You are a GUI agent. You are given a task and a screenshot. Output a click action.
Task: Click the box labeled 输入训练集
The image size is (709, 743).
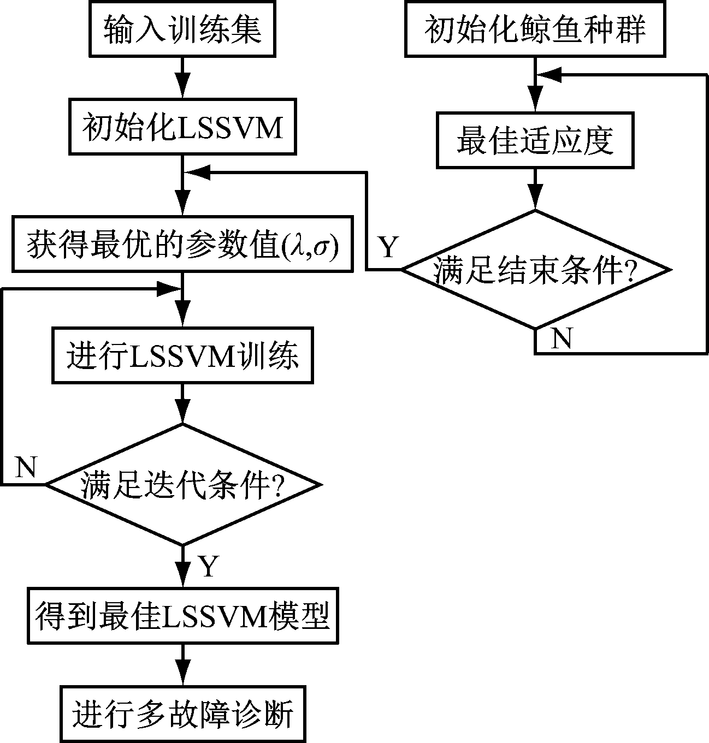182,28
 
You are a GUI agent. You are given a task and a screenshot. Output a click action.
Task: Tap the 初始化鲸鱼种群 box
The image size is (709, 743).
535,28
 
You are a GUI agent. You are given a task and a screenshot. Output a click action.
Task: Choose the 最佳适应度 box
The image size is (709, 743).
535,140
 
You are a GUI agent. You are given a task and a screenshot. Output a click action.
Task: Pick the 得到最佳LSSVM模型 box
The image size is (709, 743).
182,616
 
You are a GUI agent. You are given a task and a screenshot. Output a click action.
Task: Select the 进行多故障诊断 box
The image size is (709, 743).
182,714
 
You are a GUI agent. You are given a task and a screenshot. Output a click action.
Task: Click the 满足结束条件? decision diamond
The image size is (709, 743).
535,270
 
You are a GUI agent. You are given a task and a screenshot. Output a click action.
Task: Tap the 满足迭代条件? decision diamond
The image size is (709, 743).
182,484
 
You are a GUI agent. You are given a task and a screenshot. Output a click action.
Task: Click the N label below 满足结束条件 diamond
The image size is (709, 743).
561,339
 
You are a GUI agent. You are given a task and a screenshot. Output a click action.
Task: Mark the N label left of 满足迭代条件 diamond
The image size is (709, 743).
26,467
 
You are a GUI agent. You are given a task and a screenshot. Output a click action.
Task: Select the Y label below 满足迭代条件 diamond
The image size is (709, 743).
209,567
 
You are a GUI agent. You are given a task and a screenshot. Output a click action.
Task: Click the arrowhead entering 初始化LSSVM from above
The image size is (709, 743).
182,88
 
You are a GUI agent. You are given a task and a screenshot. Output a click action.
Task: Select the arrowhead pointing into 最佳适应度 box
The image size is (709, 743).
535,102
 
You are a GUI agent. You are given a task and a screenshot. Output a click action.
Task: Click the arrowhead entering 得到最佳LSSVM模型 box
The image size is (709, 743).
182,578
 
